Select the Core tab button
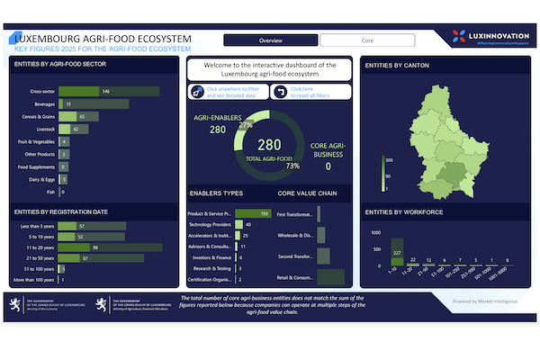tap(367, 40)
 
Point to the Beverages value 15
tap(68, 104)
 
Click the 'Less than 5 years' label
tap(40, 226)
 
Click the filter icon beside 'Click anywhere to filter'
tap(197, 91)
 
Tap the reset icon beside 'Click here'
tap(281, 91)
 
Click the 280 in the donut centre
tap(269, 144)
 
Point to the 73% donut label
tap(292, 166)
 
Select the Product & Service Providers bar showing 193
tap(253, 213)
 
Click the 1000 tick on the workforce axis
tap(377, 231)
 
